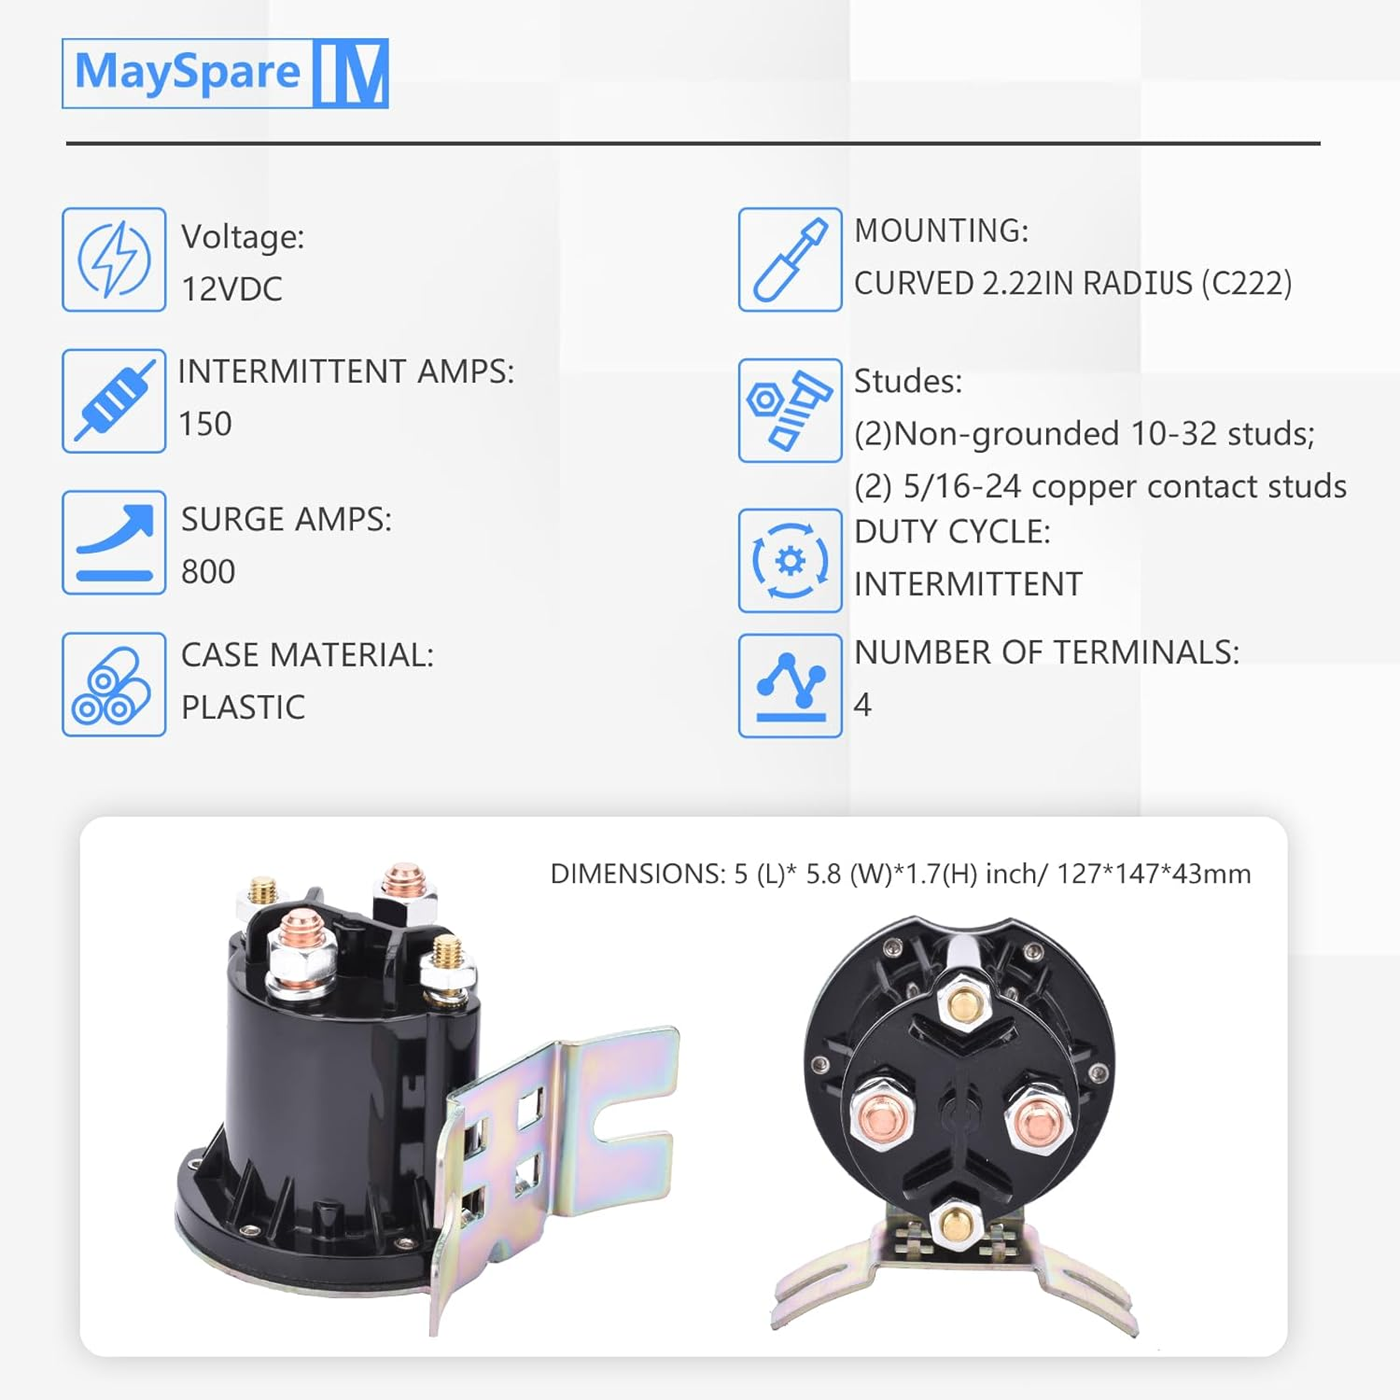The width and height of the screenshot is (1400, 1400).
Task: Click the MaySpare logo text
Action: click(x=187, y=73)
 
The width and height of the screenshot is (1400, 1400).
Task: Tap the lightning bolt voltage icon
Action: click(x=114, y=259)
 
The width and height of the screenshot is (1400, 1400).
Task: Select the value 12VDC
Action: click(x=231, y=289)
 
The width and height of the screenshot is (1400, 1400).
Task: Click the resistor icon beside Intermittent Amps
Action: click(x=114, y=401)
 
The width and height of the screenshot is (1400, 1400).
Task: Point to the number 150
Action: click(x=205, y=424)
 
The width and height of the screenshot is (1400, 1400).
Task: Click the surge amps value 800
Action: click(x=208, y=571)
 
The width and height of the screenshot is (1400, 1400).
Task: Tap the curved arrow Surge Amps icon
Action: click(x=114, y=542)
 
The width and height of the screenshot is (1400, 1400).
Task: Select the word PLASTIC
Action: click(x=243, y=707)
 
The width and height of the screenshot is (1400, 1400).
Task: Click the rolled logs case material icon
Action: click(x=114, y=684)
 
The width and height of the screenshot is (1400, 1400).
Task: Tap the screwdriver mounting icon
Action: click(x=790, y=259)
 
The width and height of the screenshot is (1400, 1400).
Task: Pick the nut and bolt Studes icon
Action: click(x=790, y=411)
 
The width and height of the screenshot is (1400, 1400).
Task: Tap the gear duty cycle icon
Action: click(x=790, y=561)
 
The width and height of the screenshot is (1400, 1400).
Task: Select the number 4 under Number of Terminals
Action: click(x=862, y=705)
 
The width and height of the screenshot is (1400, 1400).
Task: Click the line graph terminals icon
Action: click(x=790, y=686)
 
